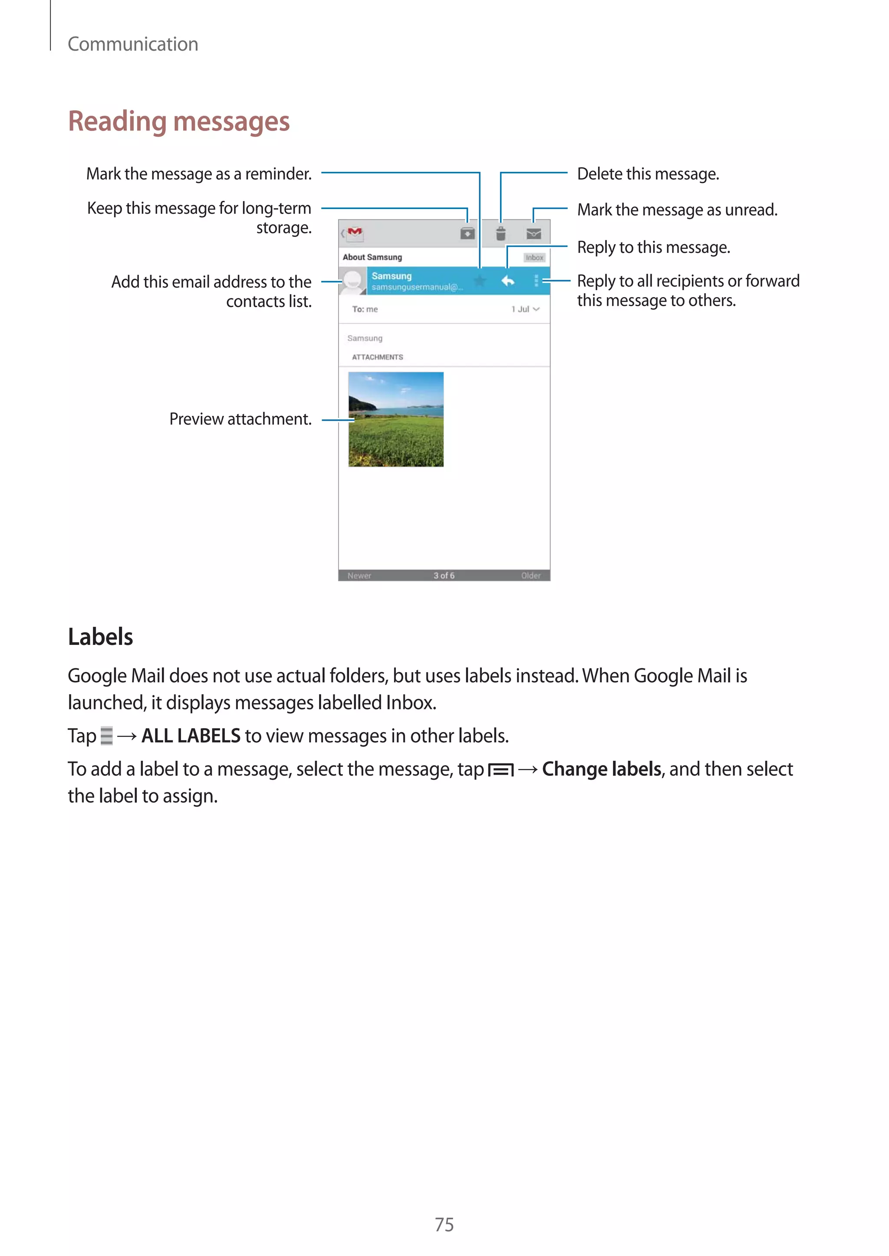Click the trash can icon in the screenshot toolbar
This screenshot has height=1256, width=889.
500,234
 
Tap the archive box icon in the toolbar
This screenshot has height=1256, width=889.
467,234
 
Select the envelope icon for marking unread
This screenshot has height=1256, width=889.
534,234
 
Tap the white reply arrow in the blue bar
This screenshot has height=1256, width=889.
507,281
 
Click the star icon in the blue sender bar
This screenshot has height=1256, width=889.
480,281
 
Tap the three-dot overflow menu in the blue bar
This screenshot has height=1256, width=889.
536,281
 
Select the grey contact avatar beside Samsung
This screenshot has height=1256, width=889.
353,281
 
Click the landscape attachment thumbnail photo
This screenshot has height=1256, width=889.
396,419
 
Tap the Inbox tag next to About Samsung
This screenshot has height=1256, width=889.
534,258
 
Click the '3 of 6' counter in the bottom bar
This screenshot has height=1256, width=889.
444,576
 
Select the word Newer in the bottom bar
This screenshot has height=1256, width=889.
359,576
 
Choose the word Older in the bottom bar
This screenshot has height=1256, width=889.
530,576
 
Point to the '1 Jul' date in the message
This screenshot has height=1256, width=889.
520,309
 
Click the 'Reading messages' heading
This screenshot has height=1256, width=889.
178,121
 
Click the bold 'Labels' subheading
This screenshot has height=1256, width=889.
100,637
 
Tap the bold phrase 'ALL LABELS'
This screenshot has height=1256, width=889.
191,736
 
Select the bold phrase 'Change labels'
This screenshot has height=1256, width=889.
602,769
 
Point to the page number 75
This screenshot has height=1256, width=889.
444,1224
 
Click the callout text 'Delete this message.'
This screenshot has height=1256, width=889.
648,174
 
